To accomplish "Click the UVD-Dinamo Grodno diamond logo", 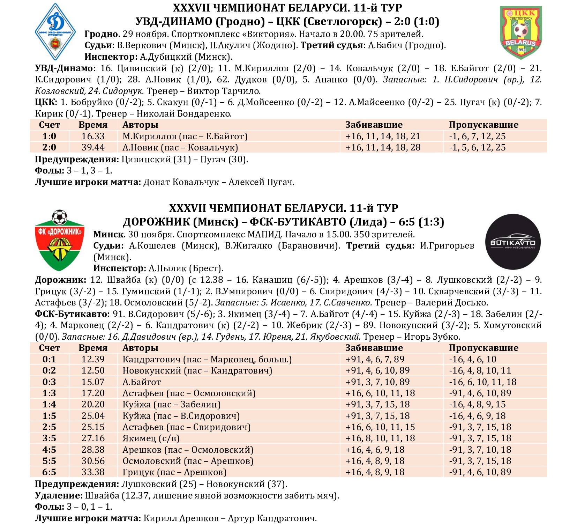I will [55, 32].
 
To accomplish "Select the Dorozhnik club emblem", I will [60, 241].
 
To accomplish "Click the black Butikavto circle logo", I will [513, 242].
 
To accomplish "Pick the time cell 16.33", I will [93, 136].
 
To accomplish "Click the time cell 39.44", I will [93, 147].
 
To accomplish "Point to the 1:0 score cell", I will [49, 136].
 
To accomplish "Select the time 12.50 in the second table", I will [93, 370].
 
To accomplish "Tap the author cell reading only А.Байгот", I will [142, 382].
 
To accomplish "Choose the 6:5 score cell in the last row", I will [49, 472].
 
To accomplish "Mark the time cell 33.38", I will [93, 472].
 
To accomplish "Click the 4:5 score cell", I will [49, 450].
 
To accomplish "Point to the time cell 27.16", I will [93, 438].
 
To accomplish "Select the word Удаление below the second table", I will [58, 495].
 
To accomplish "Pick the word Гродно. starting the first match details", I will [102, 34].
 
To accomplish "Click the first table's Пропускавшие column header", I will [484, 125].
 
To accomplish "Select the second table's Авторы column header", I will [140, 348].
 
